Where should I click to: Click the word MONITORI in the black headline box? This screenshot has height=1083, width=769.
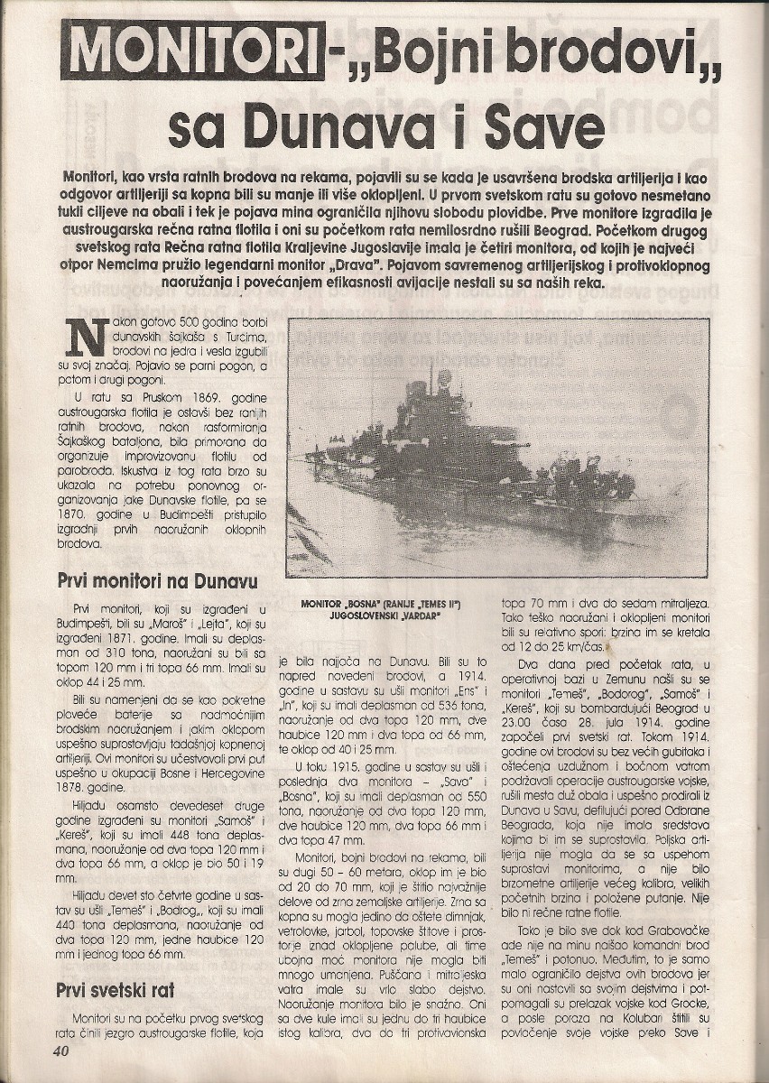point(192,51)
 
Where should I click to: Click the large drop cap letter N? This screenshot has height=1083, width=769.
point(82,338)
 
